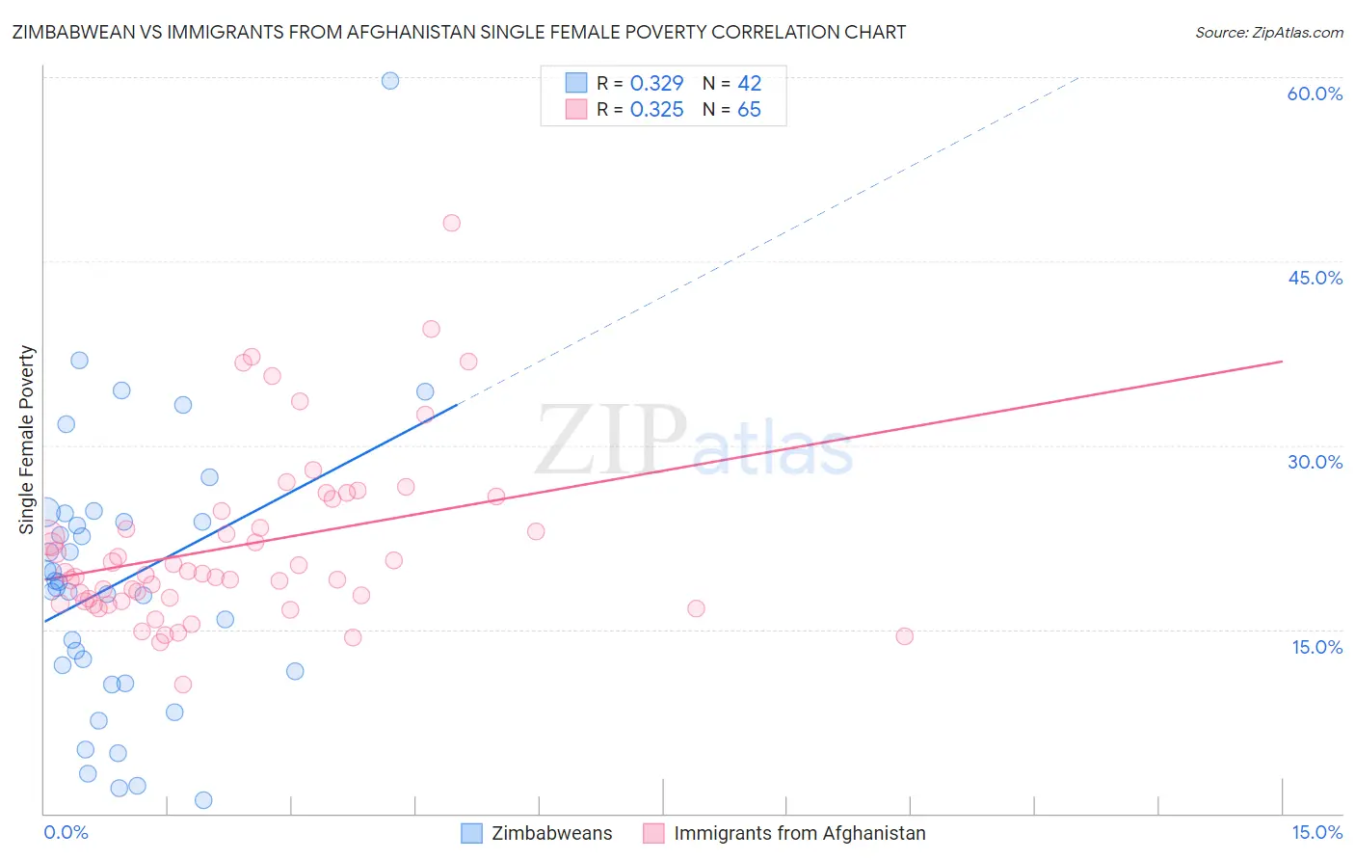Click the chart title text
(459, 32)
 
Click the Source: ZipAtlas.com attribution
(1268, 32)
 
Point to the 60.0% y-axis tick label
(1315, 94)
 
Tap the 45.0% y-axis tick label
(1315, 278)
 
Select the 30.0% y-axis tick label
(1315, 462)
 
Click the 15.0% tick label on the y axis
(1316, 647)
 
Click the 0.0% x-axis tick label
(66, 832)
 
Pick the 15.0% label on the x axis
(1316, 832)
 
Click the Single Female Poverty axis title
(27, 440)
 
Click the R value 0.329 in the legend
(656, 83)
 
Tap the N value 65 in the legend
(749, 110)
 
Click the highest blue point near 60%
(390, 80)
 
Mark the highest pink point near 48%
(451, 223)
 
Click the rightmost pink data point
(904, 636)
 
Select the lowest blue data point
(203, 800)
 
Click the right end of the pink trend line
(1282, 362)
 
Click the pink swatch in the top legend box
(576, 110)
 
